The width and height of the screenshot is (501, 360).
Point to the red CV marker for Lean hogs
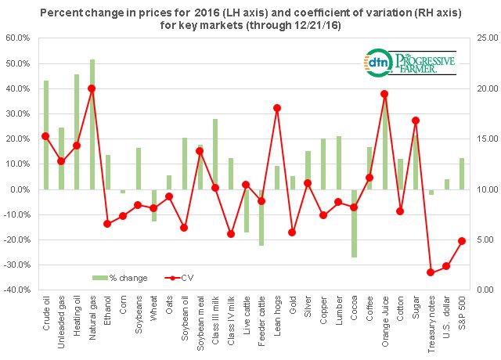(277, 108)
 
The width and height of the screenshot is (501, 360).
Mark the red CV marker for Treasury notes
(430, 272)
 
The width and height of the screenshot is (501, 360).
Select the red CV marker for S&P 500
(461, 241)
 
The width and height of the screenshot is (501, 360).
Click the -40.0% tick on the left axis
(18, 290)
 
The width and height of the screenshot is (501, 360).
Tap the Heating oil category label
(77, 317)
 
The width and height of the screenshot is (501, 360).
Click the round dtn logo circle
(377, 62)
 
